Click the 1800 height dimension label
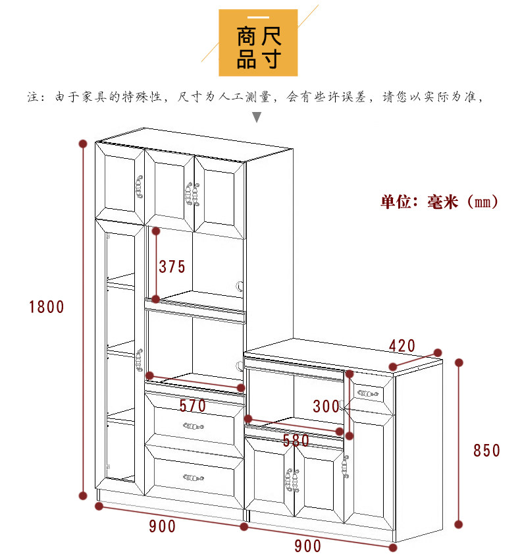click(46, 306)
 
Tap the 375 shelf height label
click(172, 267)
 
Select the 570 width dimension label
click(192, 406)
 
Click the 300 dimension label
click(326, 406)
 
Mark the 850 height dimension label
click(487, 451)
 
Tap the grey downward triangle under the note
click(257, 118)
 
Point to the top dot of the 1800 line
click(83, 143)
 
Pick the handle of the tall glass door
click(140, 360)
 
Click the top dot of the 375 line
click(156, 231)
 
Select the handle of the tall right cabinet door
click(344, 466)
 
